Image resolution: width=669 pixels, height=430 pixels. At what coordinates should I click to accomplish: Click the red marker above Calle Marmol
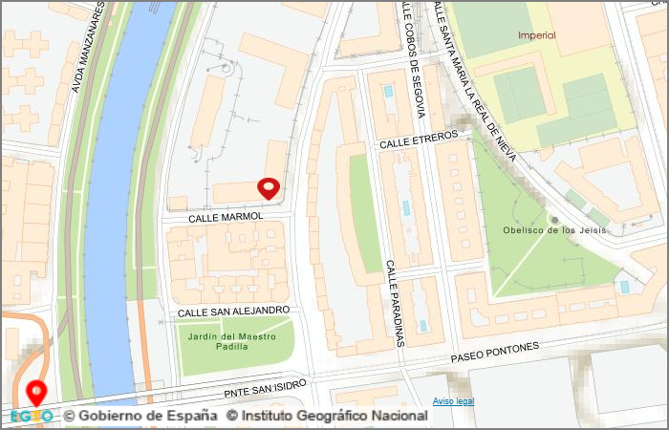270,187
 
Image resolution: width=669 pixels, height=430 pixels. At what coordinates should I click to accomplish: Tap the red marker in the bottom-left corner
37,392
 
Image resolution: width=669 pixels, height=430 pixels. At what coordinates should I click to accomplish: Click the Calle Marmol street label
225,218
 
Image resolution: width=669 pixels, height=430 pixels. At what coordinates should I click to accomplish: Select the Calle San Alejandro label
233,311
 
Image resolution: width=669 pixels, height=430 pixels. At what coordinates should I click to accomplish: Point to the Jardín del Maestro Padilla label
233,342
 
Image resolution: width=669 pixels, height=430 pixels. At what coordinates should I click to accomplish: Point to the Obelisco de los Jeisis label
554,230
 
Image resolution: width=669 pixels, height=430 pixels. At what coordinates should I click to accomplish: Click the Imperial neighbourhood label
535,36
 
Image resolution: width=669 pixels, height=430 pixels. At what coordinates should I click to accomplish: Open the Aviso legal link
453,401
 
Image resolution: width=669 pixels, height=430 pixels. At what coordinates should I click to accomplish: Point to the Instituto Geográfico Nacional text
327,417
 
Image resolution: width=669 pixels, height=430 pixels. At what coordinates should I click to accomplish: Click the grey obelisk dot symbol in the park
554,220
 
